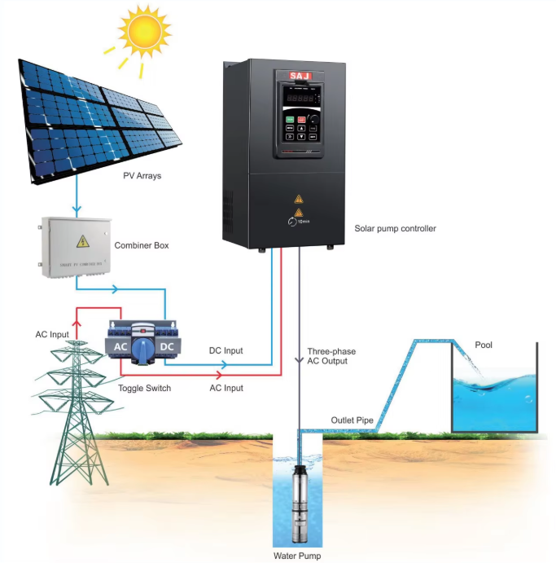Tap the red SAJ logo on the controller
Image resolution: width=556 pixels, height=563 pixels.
[x=300, y=76]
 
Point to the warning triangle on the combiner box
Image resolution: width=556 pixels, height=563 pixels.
[x=81, y=241]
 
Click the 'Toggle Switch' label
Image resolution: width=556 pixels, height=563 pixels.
[x=145, y=388]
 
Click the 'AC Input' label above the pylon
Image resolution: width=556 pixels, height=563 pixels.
[x=51, y=334]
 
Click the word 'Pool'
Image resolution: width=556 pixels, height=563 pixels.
[x=484, y=345]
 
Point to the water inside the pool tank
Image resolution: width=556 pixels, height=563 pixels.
[x=495, y=399]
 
